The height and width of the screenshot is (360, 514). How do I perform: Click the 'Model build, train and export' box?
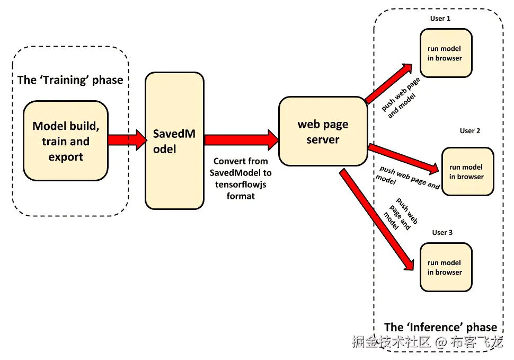point(66,141)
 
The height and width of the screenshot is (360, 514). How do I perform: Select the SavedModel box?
point(174,141)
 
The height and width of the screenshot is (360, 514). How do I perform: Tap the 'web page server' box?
point(323,131)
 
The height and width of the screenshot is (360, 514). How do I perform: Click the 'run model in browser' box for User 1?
point(445,53)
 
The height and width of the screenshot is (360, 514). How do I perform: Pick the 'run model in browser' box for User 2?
point(467,172)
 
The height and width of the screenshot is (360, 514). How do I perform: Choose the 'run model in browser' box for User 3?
point(445,267)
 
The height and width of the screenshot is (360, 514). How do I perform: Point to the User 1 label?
point(440,19)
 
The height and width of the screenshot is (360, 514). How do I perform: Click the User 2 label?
point(470,131)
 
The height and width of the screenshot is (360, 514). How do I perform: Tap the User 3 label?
point(442,232)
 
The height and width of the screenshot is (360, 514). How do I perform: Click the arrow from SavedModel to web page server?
point(242,139)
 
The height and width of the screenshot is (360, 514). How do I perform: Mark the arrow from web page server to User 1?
point(389,83)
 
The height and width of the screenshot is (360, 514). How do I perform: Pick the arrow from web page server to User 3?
point(377,219)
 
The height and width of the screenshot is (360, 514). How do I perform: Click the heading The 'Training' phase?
point(70,80)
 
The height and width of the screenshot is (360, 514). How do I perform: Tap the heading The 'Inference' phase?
point(440,327)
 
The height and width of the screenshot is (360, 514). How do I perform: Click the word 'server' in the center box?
point(323,140)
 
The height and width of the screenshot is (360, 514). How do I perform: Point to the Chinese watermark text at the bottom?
point(427,343)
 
